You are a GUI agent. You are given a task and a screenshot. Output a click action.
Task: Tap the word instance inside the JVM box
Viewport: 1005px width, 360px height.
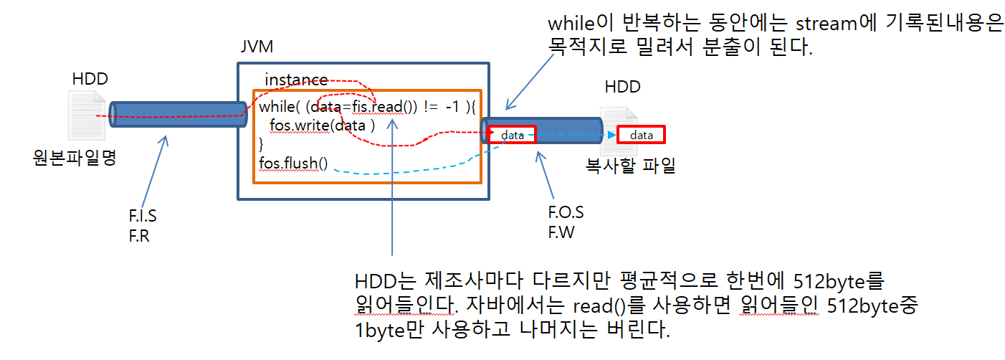coord(296,79)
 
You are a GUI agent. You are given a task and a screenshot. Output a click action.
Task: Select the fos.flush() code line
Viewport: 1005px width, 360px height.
coord(293,164)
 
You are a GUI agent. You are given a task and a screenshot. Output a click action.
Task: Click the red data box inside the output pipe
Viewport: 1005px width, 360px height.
coord(512,135)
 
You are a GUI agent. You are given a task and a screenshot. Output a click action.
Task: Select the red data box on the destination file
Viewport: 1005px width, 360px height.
coord(642,135)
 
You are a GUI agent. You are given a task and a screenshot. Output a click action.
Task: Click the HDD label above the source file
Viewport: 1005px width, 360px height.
coord(90,79)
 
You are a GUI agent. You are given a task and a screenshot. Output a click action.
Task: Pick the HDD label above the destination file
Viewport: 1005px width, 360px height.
coord(622,87)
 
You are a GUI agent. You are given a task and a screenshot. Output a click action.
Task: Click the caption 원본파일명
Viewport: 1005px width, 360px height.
coord(74,158)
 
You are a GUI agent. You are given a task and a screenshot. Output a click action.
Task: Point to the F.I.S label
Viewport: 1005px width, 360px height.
coord(143,217)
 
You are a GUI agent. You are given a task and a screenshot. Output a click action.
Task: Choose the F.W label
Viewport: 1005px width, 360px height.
coord(562,232)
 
